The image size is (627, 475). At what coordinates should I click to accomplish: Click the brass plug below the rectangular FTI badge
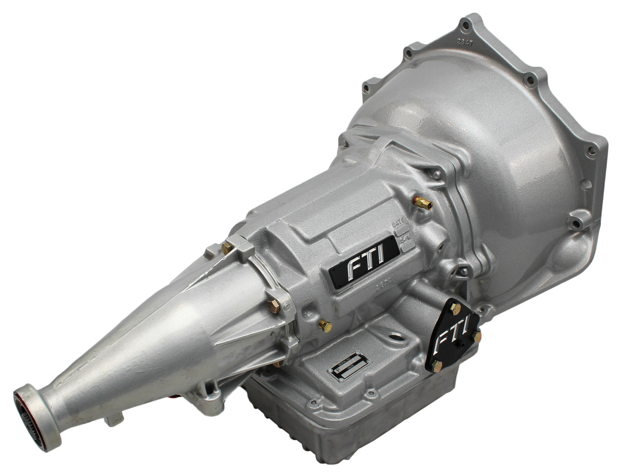pyautogui.click(x=324, y=326)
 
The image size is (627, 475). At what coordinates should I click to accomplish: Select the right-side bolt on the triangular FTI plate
pyautogui.click(x=478, y=337)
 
